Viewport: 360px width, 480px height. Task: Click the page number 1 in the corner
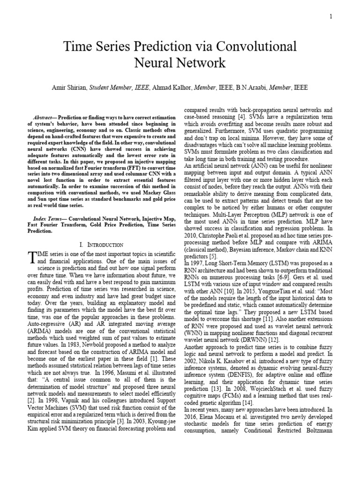click(331, 17)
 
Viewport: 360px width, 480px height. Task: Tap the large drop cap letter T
click(32, 256)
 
